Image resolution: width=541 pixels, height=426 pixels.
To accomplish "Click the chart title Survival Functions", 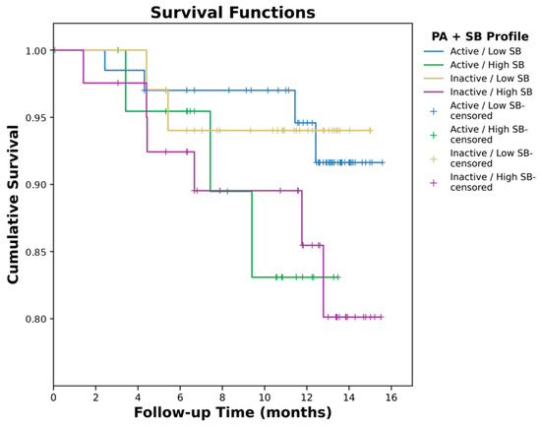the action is coord(233,13).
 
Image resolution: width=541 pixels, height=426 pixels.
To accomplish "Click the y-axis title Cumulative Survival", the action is coord(13,205).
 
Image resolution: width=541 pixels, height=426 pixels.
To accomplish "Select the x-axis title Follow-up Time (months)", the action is coord(233,412).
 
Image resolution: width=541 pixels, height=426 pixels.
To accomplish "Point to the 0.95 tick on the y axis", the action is coord(35,118).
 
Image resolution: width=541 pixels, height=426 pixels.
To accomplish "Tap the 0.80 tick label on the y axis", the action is coord(35,319).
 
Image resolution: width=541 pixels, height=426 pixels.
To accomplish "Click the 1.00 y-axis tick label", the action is coord(35,51).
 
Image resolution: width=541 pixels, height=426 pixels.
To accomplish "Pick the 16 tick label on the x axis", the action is coord(391,397).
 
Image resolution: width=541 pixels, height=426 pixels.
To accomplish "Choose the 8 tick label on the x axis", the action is coord(222,397).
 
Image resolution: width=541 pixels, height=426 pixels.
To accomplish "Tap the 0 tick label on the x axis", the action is coord(53,397).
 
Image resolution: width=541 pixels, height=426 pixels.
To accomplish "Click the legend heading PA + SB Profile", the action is coord(480,36).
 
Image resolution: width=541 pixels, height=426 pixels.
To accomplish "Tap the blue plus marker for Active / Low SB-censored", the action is coord(434,111).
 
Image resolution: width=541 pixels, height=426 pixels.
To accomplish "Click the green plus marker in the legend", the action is coord(434,135).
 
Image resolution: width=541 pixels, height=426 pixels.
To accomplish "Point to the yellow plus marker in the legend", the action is coord(434,158).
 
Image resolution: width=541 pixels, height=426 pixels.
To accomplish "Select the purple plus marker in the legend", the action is coord(434,183).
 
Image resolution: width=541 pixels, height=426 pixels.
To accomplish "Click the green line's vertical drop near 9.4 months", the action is coord(252,234).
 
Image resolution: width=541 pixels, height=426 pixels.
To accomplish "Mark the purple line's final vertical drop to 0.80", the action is coord(324,281).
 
